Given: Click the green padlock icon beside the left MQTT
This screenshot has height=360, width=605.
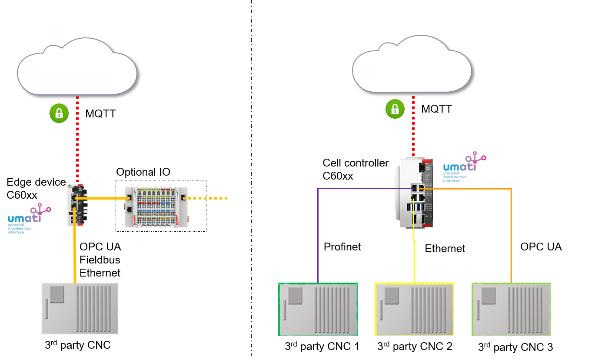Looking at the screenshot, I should coord(59,114).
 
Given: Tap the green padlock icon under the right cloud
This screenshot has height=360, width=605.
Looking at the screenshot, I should coord(395,109).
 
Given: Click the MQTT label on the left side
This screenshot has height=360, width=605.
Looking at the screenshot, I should coord(100,114).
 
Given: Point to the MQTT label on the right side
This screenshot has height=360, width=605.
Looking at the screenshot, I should coord(436,109).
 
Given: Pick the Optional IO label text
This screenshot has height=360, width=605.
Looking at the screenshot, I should coord(143,172).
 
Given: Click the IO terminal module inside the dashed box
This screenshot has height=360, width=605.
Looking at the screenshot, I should coord(156,207).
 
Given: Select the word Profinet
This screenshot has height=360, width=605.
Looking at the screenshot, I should coord(342,247).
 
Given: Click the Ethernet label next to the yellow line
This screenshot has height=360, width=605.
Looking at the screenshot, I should coord(445,249).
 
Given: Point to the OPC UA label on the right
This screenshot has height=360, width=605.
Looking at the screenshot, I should coord(541,247).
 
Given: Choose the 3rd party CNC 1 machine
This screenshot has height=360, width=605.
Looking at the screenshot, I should coord(318,309).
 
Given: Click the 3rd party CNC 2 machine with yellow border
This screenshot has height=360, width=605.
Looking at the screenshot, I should coord(414,309).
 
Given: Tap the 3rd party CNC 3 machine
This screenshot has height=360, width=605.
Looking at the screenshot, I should coord(511,309).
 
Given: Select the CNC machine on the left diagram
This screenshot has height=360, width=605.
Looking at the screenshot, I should coord(80,308).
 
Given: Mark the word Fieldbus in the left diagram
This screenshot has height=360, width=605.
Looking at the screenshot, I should coord(100,260).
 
